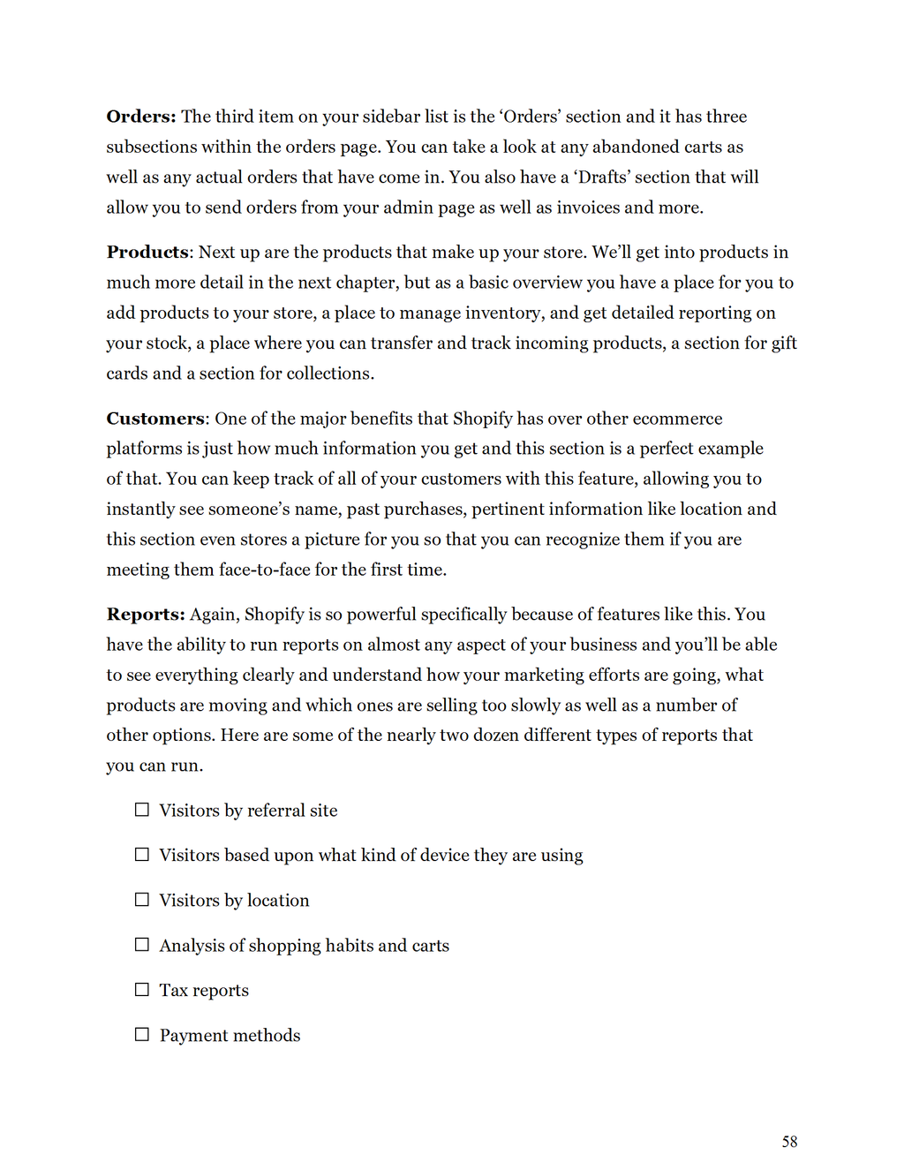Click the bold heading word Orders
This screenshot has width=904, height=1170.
tap(140, 117)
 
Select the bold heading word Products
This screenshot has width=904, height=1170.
tap(147, 253)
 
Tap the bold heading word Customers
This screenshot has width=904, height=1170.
tap(155, 419)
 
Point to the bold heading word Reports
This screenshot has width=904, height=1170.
tap(145, 615)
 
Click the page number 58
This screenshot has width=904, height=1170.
tap(789, 1142)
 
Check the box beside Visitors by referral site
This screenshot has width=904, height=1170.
tap(142, 810)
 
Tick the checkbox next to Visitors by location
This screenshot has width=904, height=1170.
tap(142, 900)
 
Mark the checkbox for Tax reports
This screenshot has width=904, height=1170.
tap(142, 990)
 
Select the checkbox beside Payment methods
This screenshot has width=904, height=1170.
tap(142, 1035)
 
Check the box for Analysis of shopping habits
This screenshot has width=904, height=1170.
tap(142, 945)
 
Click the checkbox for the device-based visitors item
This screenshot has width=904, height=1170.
tap(142, 855)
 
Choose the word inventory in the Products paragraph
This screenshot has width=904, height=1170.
tap(502, 313)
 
